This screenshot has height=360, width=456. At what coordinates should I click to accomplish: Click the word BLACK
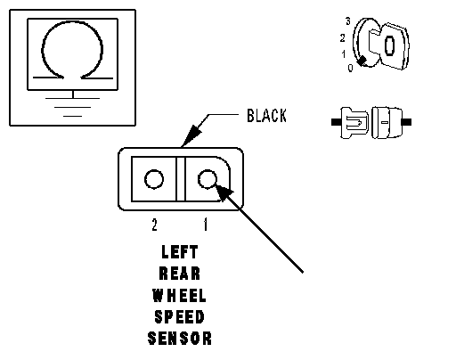266,116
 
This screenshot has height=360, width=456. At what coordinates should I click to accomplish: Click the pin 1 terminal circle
208,179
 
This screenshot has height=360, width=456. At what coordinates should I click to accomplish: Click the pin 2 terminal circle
154,179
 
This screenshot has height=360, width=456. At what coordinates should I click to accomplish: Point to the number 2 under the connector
154,225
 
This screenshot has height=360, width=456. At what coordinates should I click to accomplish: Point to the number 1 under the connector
206,225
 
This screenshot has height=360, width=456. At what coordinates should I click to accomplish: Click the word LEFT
180,252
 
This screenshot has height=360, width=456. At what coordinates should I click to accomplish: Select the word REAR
180,274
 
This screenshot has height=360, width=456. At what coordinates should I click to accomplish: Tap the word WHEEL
179,296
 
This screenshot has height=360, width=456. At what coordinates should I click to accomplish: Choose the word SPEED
180,317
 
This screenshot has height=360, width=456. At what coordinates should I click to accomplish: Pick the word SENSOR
180,339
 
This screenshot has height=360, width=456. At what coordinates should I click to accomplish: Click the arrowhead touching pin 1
224,192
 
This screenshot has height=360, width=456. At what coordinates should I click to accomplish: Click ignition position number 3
348,21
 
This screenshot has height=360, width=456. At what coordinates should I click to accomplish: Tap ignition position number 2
343,38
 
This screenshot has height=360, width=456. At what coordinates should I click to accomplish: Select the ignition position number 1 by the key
344,54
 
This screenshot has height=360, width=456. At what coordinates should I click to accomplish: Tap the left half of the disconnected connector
351,122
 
